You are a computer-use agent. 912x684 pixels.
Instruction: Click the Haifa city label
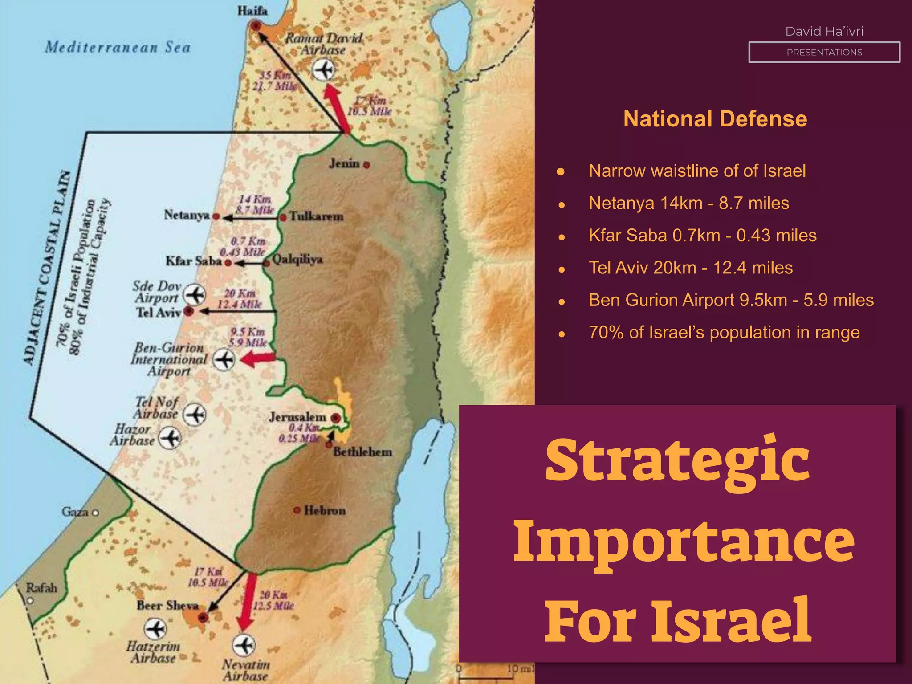tap(252, 11)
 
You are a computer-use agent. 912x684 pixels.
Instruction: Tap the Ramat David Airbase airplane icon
tap(323, 70)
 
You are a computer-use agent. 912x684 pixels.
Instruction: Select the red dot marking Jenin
tap(366, 165)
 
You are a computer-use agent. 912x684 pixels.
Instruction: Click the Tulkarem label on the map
tap(316, 216)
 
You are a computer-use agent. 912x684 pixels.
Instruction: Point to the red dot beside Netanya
tap(216, 216)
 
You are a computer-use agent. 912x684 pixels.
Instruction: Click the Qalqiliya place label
tap(297, 259)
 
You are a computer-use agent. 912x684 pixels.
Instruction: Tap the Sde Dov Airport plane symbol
tap(195, 294)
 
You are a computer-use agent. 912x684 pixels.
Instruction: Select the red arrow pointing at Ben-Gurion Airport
tap(258, 358)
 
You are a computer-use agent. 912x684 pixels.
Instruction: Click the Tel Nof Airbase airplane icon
tap(195, 415)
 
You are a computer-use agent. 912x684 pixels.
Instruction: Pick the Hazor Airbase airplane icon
tap(170, 438)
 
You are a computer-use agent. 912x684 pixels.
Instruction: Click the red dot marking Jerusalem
tap(336, 418)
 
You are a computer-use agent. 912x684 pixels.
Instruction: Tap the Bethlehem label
tap(362, 452)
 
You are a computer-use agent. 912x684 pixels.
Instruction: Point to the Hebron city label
tap(325, 510)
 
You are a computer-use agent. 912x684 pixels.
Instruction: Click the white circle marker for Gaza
tap(95, 513)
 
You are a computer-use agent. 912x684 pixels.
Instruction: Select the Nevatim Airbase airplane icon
tap(244, 645)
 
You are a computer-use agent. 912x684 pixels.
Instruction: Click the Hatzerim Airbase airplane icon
tap(155, 629)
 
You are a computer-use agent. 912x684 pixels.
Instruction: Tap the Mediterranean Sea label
tap(118, 47)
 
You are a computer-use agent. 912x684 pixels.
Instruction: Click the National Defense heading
tap(715, 119)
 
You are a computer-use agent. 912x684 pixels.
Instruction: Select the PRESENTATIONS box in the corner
tap(824, 52)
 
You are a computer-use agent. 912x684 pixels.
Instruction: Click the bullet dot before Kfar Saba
tap(562, 237)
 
